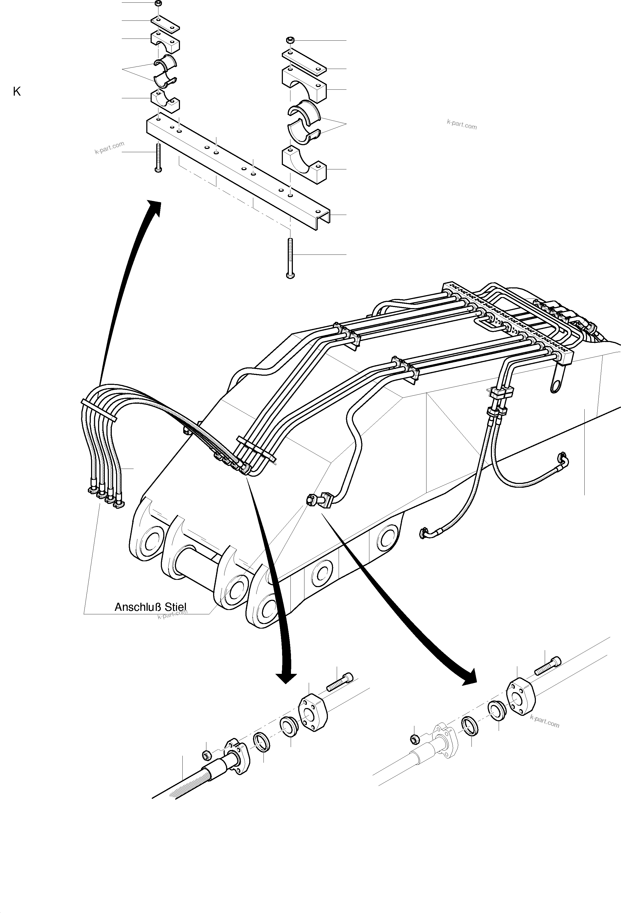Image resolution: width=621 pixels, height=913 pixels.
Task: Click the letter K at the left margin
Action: click(16, 92)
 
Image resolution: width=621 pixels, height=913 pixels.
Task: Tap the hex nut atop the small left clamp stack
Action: click(158, 4)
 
